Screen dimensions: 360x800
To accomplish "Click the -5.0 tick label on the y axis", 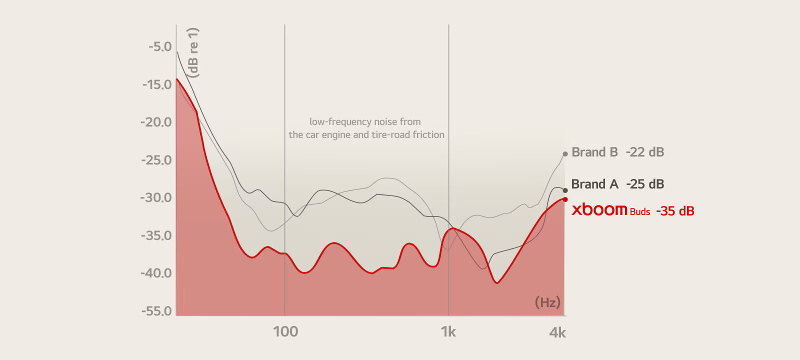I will coord(159,47).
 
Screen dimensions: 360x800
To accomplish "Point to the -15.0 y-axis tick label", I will coord(157,84).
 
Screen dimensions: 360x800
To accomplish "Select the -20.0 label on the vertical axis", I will coord(156,122).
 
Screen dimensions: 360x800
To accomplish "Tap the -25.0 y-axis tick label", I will coord(156,160).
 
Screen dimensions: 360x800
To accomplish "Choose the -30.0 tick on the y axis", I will coord(156,197).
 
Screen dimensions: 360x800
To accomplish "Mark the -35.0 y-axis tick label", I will coord(156,235).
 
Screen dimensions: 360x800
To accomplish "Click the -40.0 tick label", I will coord(156,273).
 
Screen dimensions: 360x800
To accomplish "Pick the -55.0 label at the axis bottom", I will coord(156,311).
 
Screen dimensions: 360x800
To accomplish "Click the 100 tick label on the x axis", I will coord(285,331).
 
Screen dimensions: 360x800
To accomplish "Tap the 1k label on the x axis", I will coord(448,331).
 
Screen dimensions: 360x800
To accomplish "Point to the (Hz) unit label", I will coord(547,302).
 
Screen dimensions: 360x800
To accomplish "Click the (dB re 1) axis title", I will coord(194,52).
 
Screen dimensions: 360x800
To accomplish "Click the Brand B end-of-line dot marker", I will coord(565,154).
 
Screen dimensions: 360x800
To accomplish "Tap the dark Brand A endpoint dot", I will coord(565,190).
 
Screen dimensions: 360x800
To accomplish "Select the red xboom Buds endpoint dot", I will coord(565,199).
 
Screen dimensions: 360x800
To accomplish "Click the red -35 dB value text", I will coord(675,211).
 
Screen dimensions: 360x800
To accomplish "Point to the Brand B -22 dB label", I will coord(617,152).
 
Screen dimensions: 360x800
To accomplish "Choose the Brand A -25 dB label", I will coord(617,184).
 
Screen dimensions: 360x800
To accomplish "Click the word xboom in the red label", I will coord(599,210).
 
